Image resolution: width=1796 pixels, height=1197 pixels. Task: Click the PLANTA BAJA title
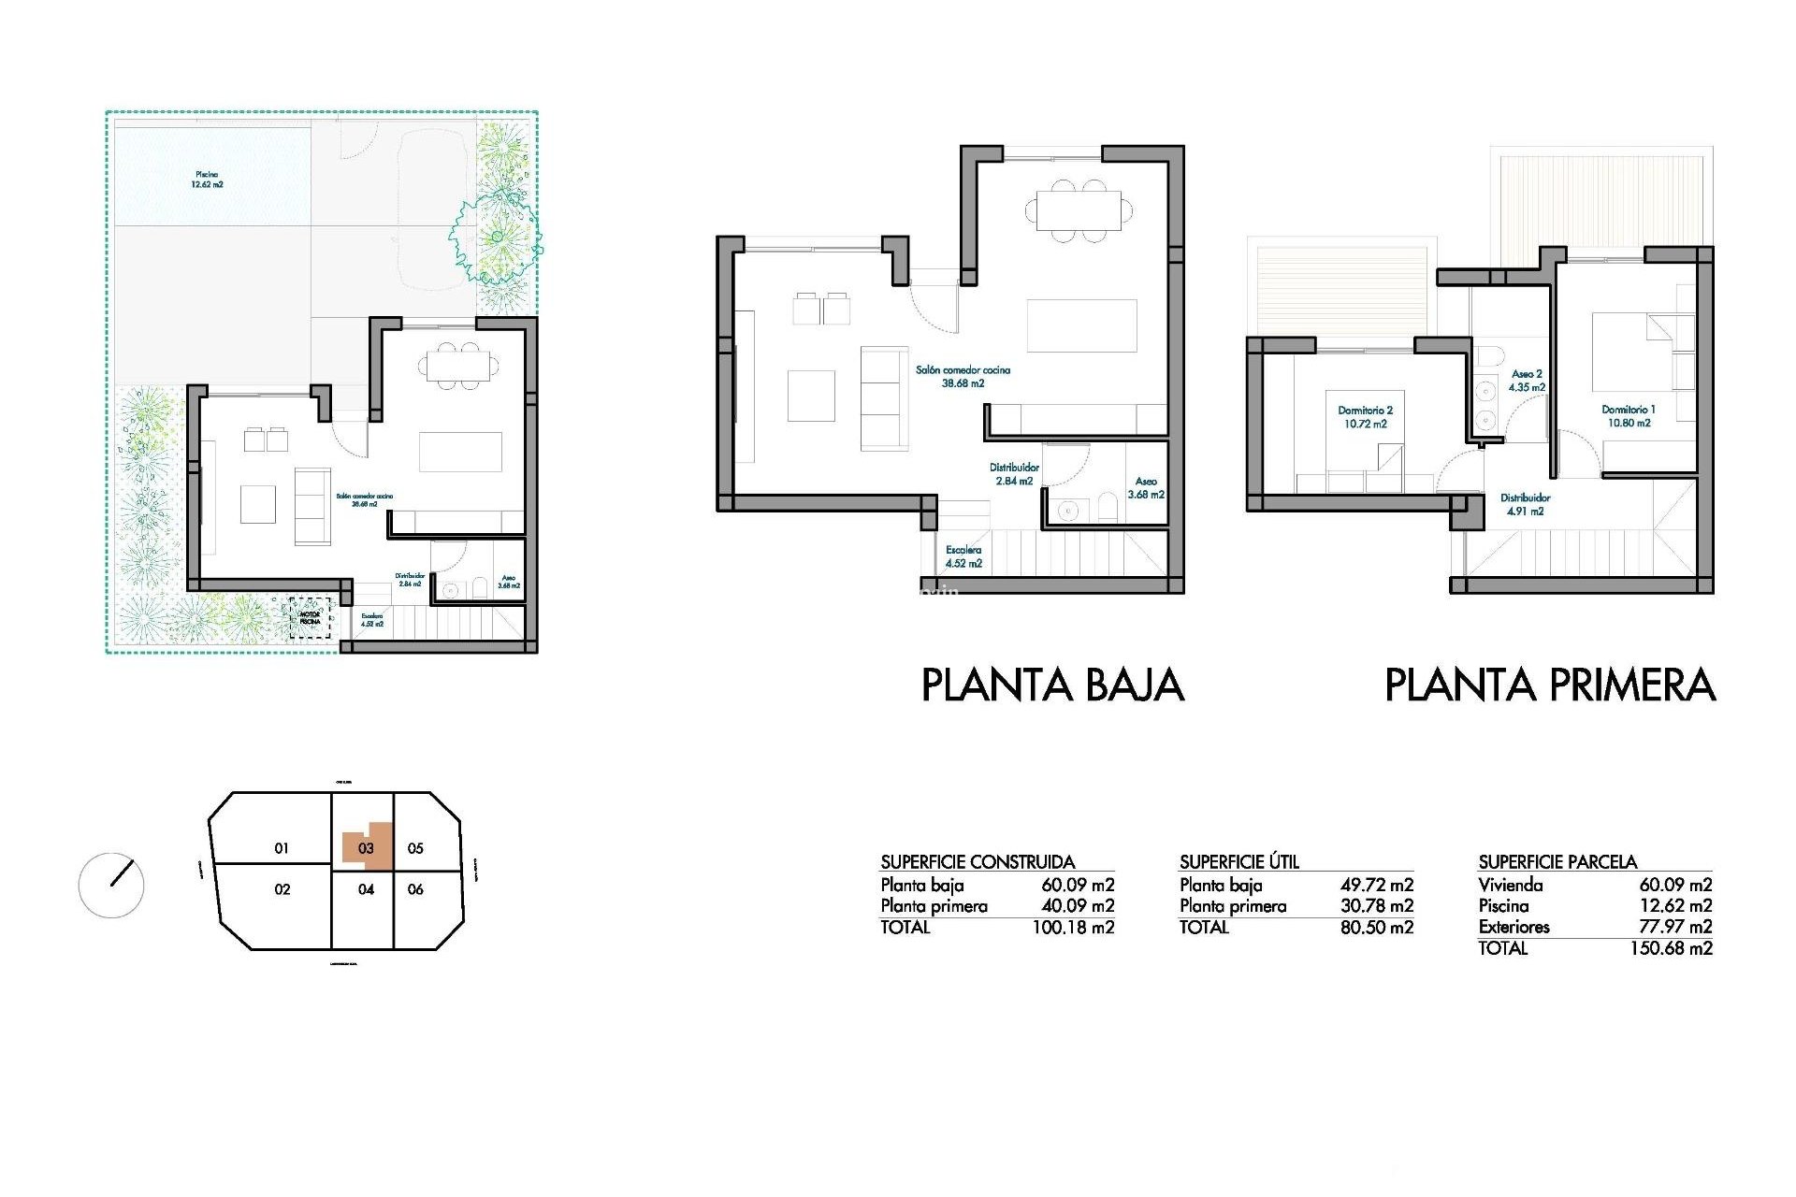point(1052,685)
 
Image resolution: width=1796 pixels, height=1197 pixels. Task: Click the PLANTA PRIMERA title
point(1549,685)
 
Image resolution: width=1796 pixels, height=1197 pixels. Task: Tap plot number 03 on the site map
point(366,848)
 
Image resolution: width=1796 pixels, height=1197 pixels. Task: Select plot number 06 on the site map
point(415,889)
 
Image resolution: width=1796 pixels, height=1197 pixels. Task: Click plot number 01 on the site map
point(282,848)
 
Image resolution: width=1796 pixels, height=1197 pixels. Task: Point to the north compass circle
point(111,885)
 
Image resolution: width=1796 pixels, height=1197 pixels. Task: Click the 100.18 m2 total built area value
point(1073,928)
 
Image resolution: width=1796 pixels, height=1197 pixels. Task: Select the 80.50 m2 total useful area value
point(1376,928)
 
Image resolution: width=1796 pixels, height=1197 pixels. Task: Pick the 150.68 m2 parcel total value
point(1671,948)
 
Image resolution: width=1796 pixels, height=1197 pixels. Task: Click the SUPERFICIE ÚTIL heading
point(1238,861)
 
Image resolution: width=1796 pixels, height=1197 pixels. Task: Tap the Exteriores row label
point(1514,927)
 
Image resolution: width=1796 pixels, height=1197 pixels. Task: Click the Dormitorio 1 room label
point(1628,416)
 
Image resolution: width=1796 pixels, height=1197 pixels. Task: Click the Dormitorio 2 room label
point(1365,417)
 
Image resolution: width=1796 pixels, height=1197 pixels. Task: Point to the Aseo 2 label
point(1527,381)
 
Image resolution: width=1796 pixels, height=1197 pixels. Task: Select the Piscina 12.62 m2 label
point(207,180)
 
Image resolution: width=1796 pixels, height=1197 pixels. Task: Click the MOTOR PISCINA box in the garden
point(310,618)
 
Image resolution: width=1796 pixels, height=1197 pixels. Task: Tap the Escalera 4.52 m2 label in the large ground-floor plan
point(963,556)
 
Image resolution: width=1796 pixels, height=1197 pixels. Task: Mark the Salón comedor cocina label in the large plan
point(963,376)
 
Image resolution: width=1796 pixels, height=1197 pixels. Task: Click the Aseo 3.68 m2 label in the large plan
point(1145,488)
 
